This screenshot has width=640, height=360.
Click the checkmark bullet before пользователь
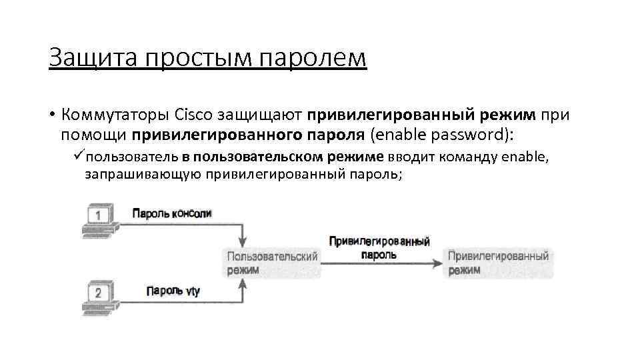coord(79,157)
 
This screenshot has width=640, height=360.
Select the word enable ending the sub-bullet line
coord(523,157)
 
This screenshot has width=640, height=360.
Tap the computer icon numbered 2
coord(98,294)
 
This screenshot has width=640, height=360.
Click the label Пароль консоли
coord(171,213)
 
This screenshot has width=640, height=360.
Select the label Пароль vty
coord(173,291)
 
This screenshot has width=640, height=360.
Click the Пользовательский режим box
coord(272,263)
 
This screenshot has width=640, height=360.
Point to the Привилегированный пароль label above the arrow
coord(379,247)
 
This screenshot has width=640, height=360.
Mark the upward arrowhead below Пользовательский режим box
coord(243,283)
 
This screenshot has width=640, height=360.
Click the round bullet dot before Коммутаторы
coord(51,115)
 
